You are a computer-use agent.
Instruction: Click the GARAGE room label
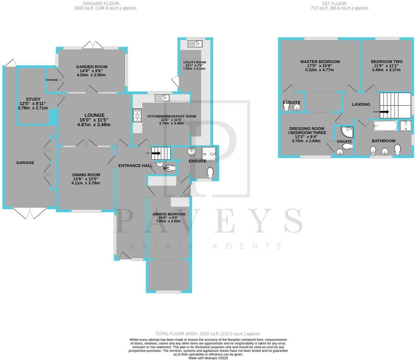(25, 162)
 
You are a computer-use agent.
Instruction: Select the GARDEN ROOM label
(92, 67)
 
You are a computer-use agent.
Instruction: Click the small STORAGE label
(51, 80)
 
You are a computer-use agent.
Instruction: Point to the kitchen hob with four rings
(137, 115)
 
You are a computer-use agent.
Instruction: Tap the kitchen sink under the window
(162, 98)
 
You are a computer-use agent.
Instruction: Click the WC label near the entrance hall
(167, 168)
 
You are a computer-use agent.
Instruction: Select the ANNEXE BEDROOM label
(169, 214)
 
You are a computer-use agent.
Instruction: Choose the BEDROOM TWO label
(386, 62)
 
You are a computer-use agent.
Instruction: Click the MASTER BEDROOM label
(320, 62)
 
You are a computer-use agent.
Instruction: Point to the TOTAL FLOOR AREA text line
(208, 334)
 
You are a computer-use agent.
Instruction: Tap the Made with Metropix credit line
(208, 358)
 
